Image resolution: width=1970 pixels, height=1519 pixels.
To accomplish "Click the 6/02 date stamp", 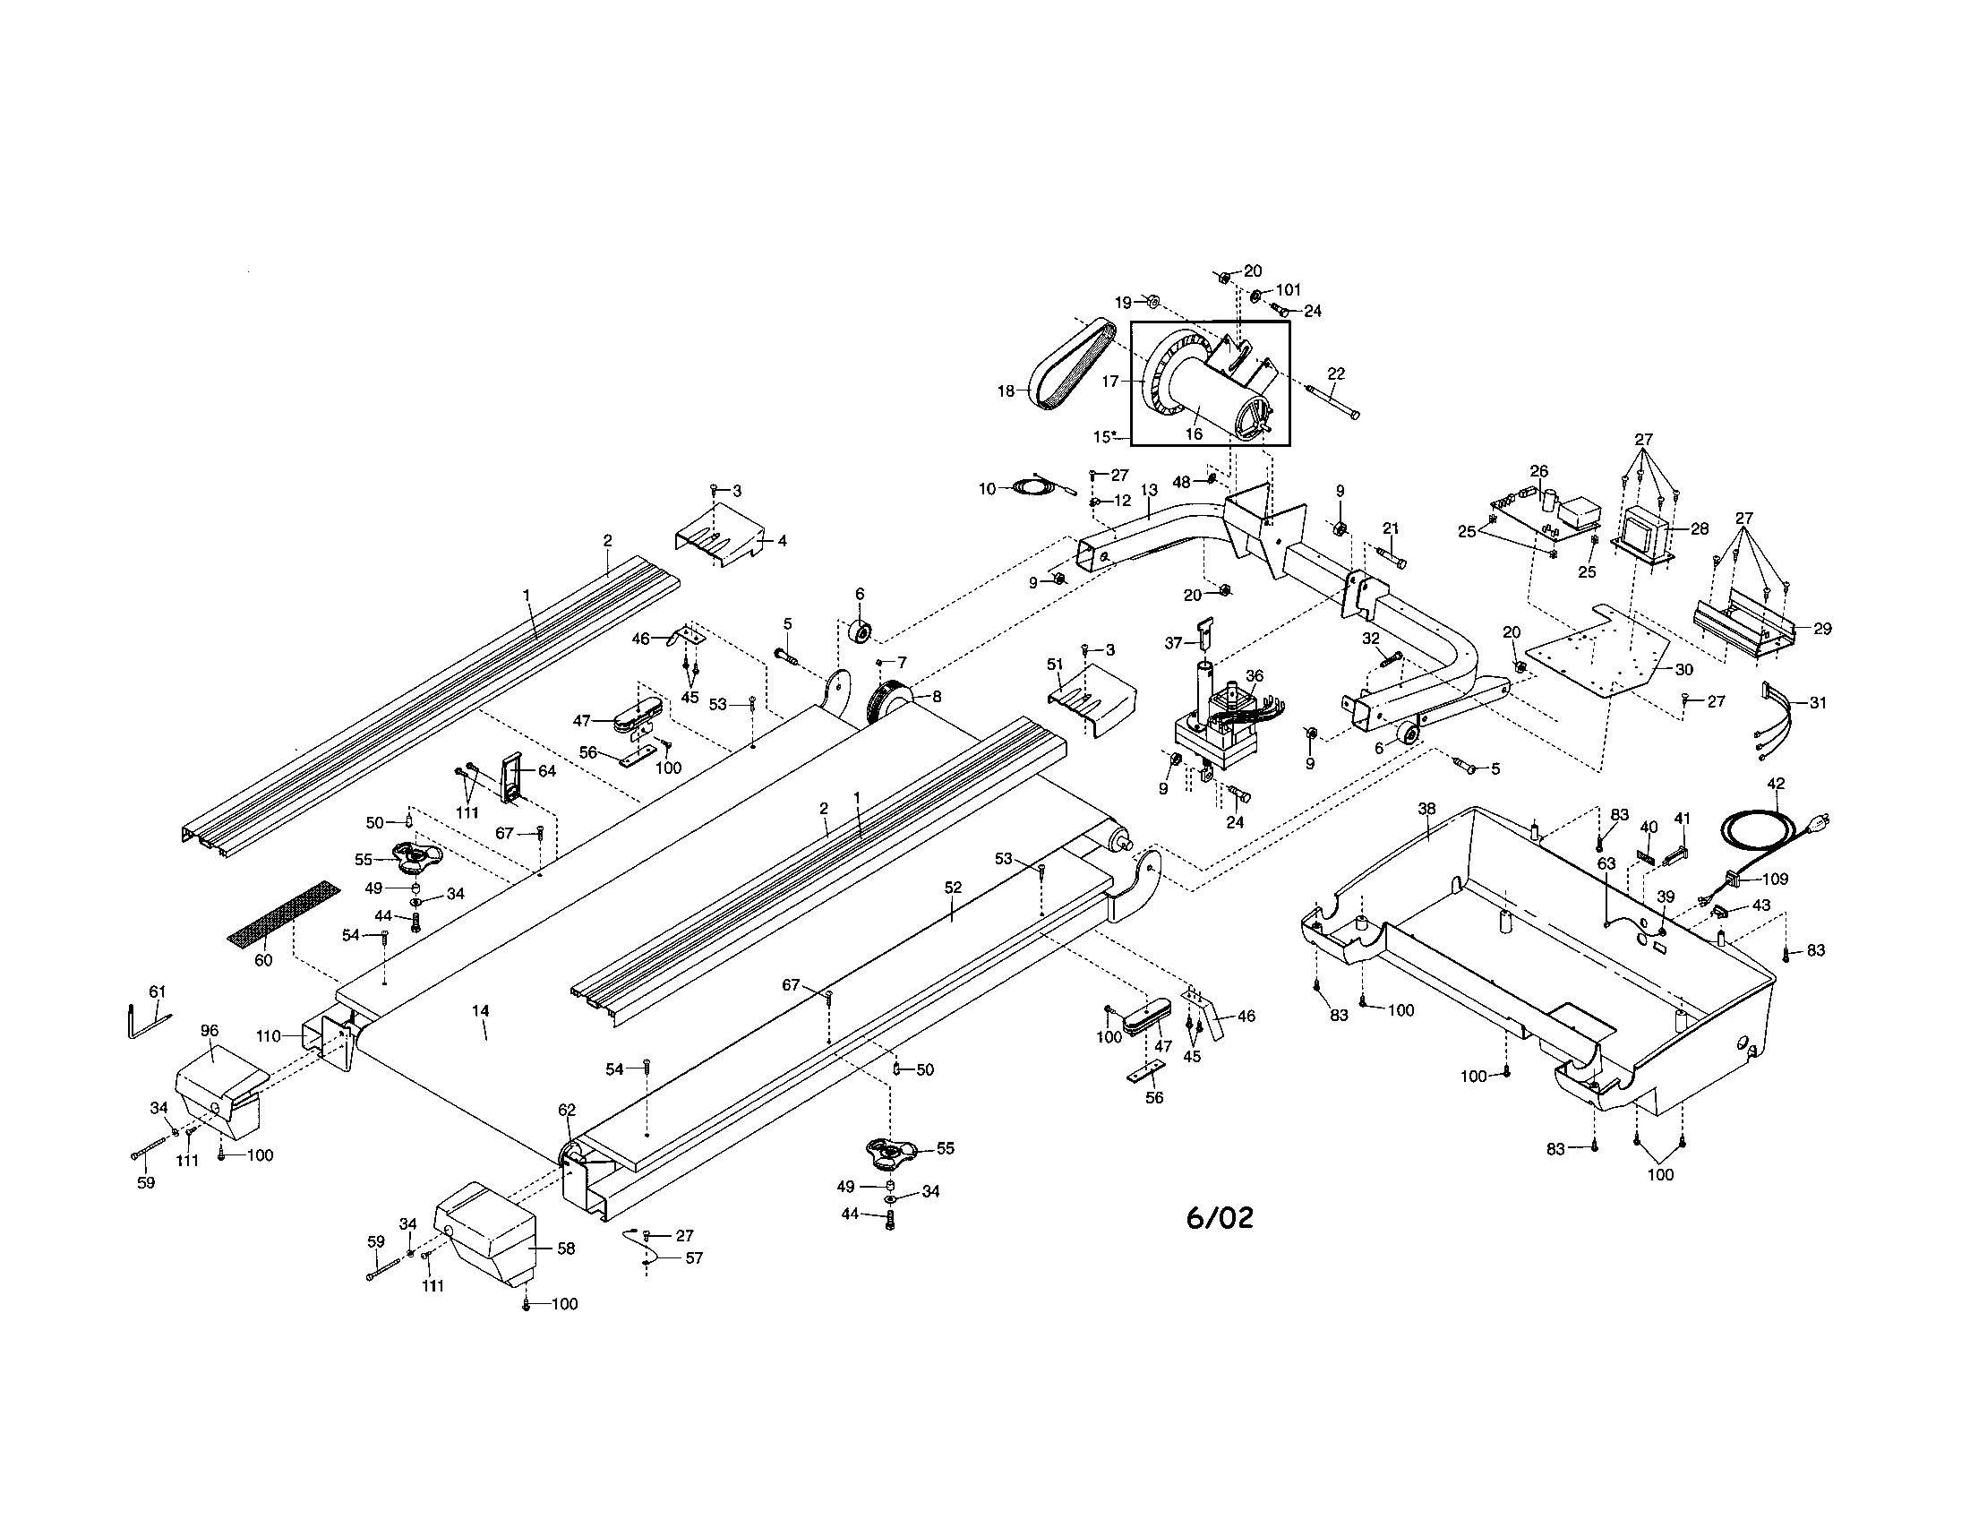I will (1219, 1219).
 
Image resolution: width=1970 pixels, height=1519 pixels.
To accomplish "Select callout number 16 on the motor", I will (1194, 433).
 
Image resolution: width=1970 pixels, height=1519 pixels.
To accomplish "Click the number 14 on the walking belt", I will (480, 1011).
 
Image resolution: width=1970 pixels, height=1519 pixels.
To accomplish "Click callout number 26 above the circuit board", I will (1537, 471).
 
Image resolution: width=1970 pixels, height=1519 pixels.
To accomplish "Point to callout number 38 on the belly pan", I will (1426, 809).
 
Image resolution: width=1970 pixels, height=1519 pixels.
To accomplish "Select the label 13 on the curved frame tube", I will (1148, 490).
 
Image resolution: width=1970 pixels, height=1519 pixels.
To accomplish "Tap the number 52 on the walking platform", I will (953, 888).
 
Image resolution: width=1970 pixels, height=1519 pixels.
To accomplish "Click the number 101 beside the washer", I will (1289, 290).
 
